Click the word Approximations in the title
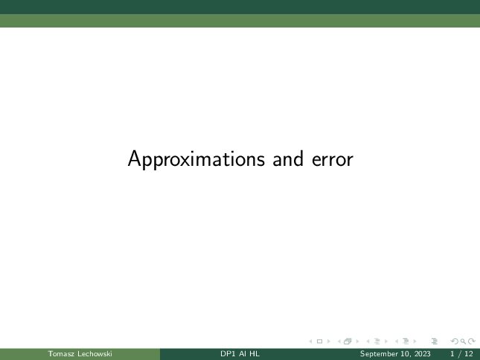(196, 159)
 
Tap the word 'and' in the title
(288, 159)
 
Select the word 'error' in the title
(333, 160)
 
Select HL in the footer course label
(255, 354)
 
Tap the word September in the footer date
(377, 354)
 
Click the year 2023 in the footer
(423, 354)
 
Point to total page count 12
(469, 354)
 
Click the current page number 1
(452, 354)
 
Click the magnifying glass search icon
(463, 341)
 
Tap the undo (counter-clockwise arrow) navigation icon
(455, 341)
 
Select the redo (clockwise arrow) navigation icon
(472, 341)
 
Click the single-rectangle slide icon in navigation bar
(319, 341)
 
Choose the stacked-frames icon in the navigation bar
(348, 341)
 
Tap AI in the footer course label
(243, 354)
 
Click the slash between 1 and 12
(460, 354)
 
